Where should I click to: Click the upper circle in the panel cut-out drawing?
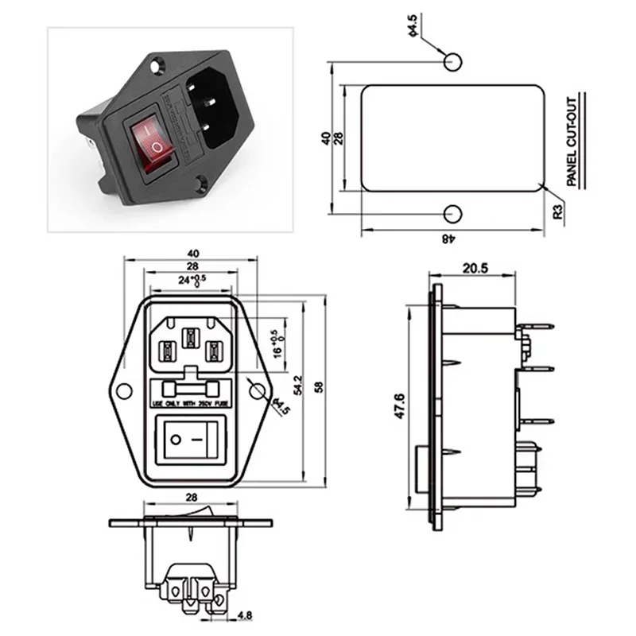click(452, 60)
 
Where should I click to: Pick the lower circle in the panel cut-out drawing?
click(452, 214)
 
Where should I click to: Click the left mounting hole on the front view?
click(124, 390)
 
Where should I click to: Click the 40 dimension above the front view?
click(192, 254)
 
